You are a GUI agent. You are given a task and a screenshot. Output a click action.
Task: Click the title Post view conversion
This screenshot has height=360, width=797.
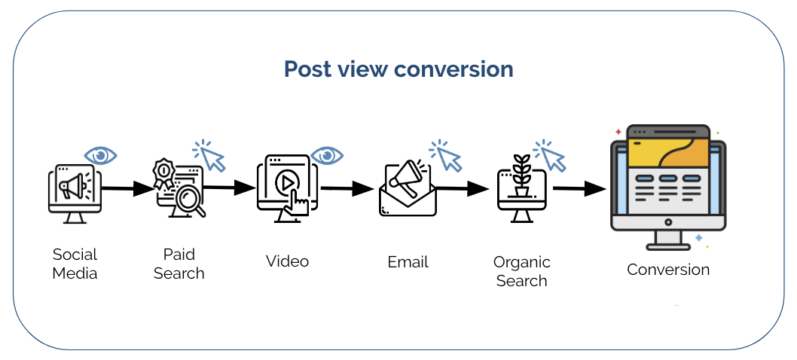(398, 69)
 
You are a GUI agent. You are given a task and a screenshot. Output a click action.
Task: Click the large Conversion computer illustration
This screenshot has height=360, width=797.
(667, 186)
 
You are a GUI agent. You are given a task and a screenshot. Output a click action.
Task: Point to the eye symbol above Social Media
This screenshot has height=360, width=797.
(100, 156)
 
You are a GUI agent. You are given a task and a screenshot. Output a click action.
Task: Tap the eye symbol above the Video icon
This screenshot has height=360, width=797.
(327, 156)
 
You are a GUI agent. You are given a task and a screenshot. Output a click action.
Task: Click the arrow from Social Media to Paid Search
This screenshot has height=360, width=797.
(127, 188)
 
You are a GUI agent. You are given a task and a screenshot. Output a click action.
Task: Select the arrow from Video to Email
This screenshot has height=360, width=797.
(347, 189)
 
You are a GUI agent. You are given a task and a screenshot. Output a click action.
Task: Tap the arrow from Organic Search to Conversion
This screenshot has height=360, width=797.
(580, 189)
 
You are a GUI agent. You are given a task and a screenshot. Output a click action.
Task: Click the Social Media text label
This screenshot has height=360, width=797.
(75, 264)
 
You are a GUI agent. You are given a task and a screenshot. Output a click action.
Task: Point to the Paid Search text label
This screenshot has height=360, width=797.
(179, 264)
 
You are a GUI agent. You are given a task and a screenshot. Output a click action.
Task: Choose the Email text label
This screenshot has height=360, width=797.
(408, 262)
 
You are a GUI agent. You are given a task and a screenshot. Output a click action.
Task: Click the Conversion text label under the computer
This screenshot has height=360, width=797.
(668, 270)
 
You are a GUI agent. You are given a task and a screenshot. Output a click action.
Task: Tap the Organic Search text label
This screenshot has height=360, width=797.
(521, 271)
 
